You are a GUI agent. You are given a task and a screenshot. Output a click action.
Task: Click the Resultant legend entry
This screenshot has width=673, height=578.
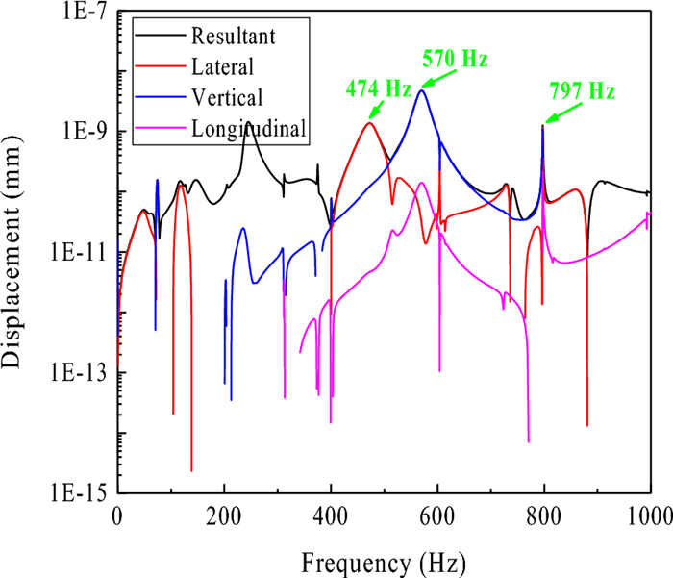click(234, 38)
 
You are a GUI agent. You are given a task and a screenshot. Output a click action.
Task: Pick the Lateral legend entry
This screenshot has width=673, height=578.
click(222, 66)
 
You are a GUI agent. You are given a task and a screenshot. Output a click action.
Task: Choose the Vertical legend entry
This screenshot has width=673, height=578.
click(226, 96)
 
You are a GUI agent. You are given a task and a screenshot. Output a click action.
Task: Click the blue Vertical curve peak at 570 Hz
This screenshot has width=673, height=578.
click(421, 90)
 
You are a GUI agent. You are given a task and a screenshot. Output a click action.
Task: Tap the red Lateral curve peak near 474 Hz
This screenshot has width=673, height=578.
click(369, 123)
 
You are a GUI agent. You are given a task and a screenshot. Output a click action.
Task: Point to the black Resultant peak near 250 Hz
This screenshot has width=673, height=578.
click(248, 123)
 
